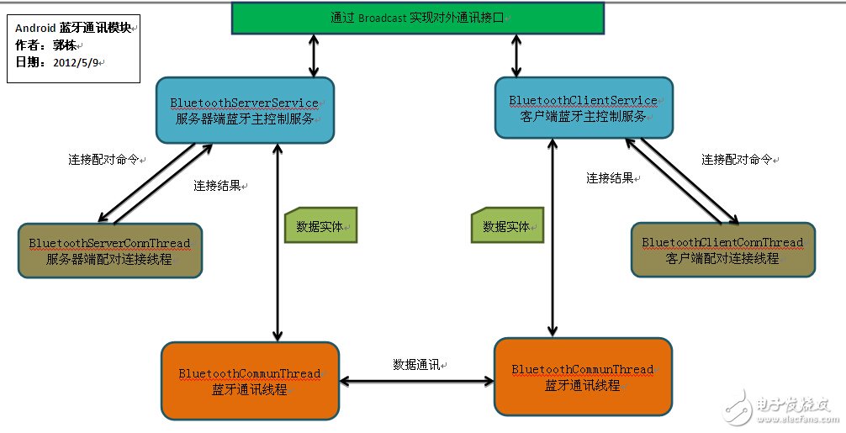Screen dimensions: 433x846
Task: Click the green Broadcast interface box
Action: pos(417,18)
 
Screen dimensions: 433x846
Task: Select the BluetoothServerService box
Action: pos(245,110)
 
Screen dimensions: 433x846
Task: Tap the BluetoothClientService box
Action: pos(583,108)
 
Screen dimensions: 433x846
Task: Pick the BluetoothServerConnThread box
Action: pos(109,251)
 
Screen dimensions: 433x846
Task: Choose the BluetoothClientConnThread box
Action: pos(722,250)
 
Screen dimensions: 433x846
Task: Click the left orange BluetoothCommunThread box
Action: pos(250,381)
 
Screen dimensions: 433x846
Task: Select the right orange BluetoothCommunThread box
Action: pos(583,377)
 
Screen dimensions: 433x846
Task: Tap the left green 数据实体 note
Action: pos(320,226)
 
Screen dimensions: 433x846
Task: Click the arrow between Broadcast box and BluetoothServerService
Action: pos(313,56)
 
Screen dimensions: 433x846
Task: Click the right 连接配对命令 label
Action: pos(737,159)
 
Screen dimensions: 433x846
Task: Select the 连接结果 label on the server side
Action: pos(218,185)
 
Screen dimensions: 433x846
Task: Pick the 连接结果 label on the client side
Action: pos(610,178)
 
